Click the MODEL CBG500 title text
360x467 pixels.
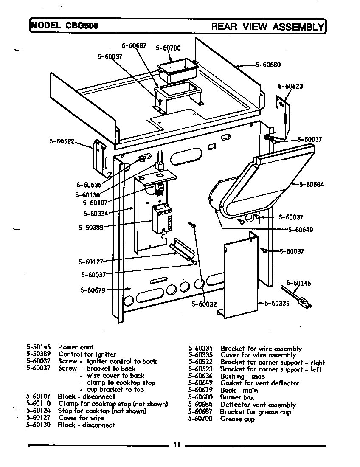64,25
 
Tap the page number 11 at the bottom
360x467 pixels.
177,445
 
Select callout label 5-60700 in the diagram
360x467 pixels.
168,48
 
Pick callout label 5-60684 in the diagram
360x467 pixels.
312,184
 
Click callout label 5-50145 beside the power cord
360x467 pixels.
299,283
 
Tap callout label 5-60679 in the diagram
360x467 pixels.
93,290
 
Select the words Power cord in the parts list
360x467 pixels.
76,347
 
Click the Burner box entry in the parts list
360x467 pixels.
237,397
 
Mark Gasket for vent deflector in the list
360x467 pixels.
259,383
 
